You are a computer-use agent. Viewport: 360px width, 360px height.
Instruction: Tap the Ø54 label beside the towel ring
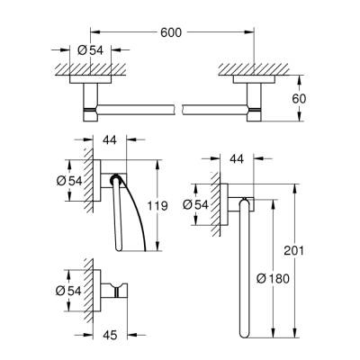tap(206, 203)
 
